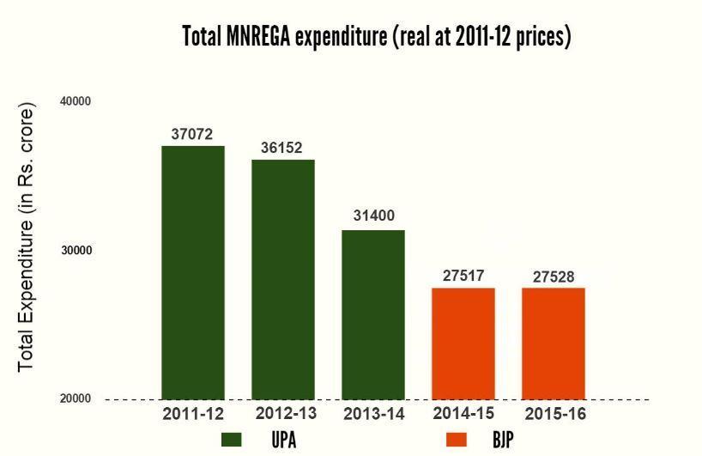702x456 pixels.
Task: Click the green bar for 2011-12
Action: pos(193,272)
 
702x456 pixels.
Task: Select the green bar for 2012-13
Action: pos(283,279)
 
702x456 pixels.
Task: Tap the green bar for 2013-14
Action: pos(373,314)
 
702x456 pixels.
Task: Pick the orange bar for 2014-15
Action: pos(463,344)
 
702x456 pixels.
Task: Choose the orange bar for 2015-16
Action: pos(554,344)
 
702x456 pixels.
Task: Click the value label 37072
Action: pos(192,134)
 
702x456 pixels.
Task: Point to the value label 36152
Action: pos(281,148)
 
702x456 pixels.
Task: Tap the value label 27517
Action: pos(463,276)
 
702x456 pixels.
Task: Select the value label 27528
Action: pos(553,276)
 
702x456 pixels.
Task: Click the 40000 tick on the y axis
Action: pos(76,101)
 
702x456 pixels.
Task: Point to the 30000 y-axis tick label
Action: pos(76,250)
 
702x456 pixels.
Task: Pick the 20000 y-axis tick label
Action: pos(76,399)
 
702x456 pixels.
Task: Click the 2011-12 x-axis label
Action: pos(193,414)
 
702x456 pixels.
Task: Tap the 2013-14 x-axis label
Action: pos(373,414)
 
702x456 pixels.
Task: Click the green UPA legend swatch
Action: pos(232,440)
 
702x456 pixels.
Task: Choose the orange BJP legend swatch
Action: pos(457,440)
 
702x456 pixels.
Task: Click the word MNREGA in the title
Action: pos(257,37)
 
